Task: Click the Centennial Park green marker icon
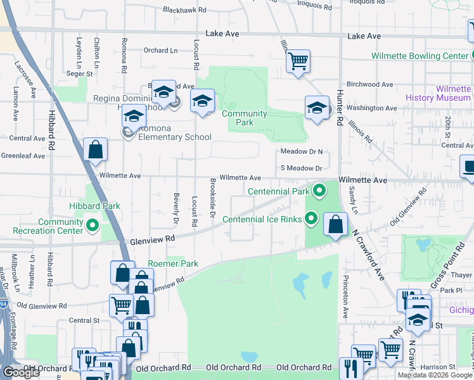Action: pyautogui.click(x=319, y=191)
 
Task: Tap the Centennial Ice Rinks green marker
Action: pyautogui.click(x=311, y=219)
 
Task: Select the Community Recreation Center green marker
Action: pyautogui.click(x=93, y=225)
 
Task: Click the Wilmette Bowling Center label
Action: pyautogui.click(x=420, y=56)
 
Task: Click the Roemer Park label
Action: pyautogui.click(x=172, y=263)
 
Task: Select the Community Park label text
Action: pyautogui.click(x=244, y=118)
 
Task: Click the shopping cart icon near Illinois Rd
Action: pyautogui.click(x=297, y=61)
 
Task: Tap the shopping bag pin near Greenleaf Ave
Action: pyautogui.click(x=95, y=150)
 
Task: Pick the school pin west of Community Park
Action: pyautogui.click(x=202, y=101)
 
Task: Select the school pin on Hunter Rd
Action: pyautogui.click(x=317, y=108)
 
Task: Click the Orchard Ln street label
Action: pyautogui.click(x=160, y=51)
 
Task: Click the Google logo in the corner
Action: pyautogui.click(x=21, y=372)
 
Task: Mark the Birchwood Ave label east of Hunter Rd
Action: pyautogui.click(x=370, y=84)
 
